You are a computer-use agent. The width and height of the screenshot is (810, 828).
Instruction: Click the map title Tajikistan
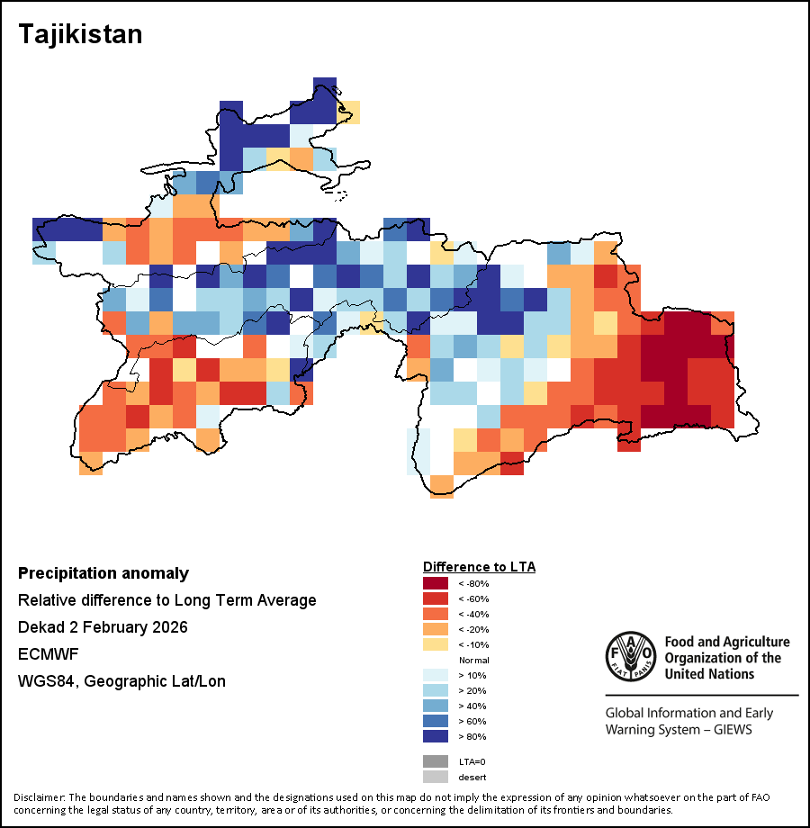(81, 34)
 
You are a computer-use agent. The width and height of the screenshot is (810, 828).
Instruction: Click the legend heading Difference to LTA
(479, 567)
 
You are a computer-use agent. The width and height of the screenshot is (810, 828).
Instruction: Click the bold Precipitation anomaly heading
(103, 573)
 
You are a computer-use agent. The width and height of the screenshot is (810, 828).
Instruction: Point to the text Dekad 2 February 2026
(103, 627)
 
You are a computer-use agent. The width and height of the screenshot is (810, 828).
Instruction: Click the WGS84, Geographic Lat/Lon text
(121, 681)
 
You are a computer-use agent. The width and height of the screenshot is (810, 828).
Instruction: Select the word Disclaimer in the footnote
(40, 797)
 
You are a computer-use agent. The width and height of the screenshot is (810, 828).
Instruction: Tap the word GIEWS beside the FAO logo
(729, 729)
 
